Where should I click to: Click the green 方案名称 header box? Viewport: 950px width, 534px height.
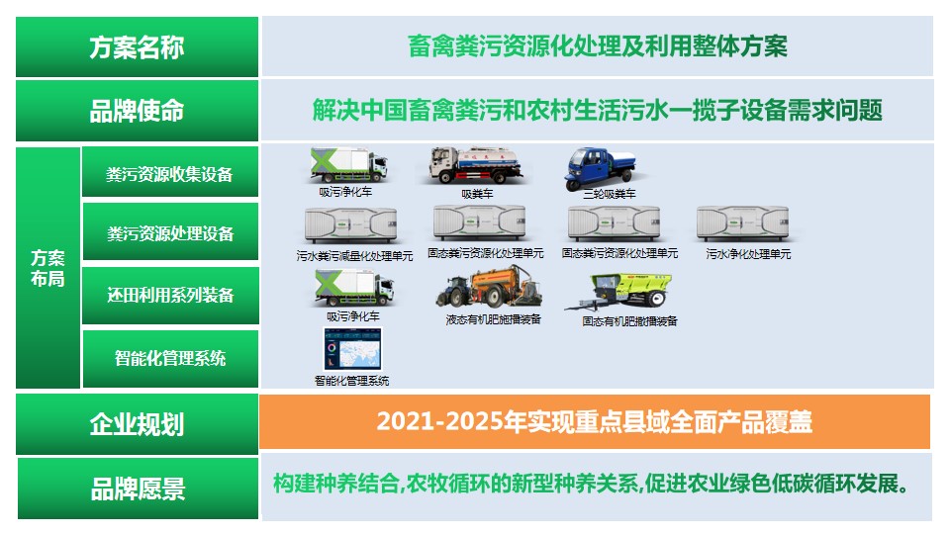137,46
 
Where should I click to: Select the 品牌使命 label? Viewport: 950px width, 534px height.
137,110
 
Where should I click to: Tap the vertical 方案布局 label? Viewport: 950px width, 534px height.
47,268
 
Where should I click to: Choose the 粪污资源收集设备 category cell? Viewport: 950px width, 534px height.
169,174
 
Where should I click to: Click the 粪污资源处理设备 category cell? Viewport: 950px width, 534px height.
169,233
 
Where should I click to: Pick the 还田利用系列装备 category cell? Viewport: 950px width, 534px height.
169,295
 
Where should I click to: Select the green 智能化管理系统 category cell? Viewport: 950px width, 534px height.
169,358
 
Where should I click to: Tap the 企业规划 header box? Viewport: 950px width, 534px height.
137,425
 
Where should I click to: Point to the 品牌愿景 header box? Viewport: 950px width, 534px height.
137,488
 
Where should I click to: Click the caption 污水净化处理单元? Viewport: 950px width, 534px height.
748,254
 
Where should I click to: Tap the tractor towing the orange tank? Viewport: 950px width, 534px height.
492,291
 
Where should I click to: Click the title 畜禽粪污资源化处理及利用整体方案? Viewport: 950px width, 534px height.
598,46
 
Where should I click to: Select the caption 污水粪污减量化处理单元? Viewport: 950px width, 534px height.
354,255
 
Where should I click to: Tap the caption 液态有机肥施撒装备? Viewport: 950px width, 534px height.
493,319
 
